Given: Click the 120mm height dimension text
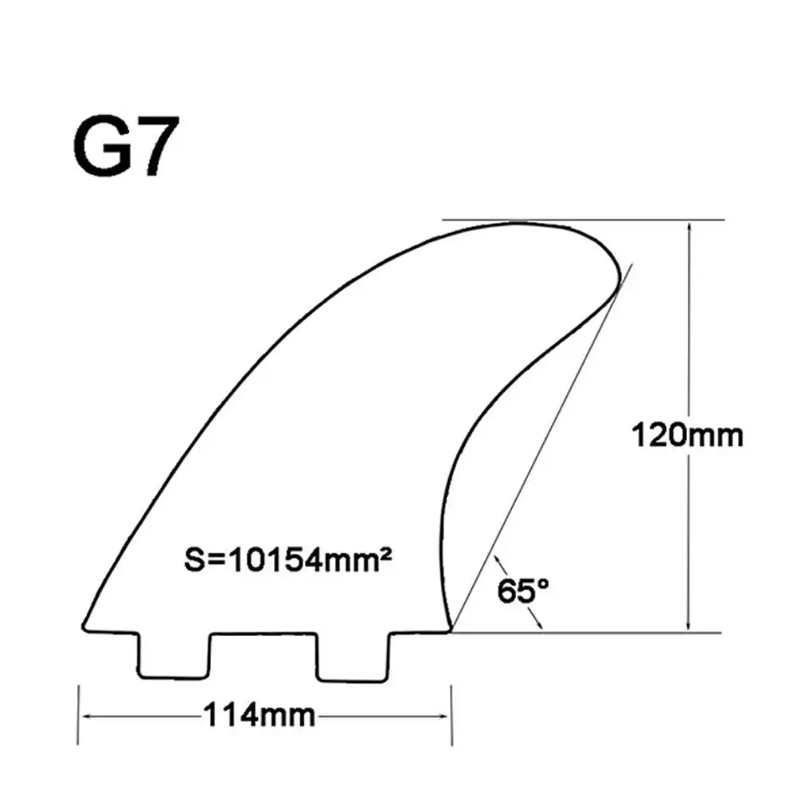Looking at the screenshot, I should coord(686,436).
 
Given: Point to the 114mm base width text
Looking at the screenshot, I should coord(259,714).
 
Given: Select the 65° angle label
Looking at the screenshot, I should coord(523,592).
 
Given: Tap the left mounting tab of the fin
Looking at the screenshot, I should coord(175,656).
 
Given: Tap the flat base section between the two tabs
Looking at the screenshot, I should coord(264,634).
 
